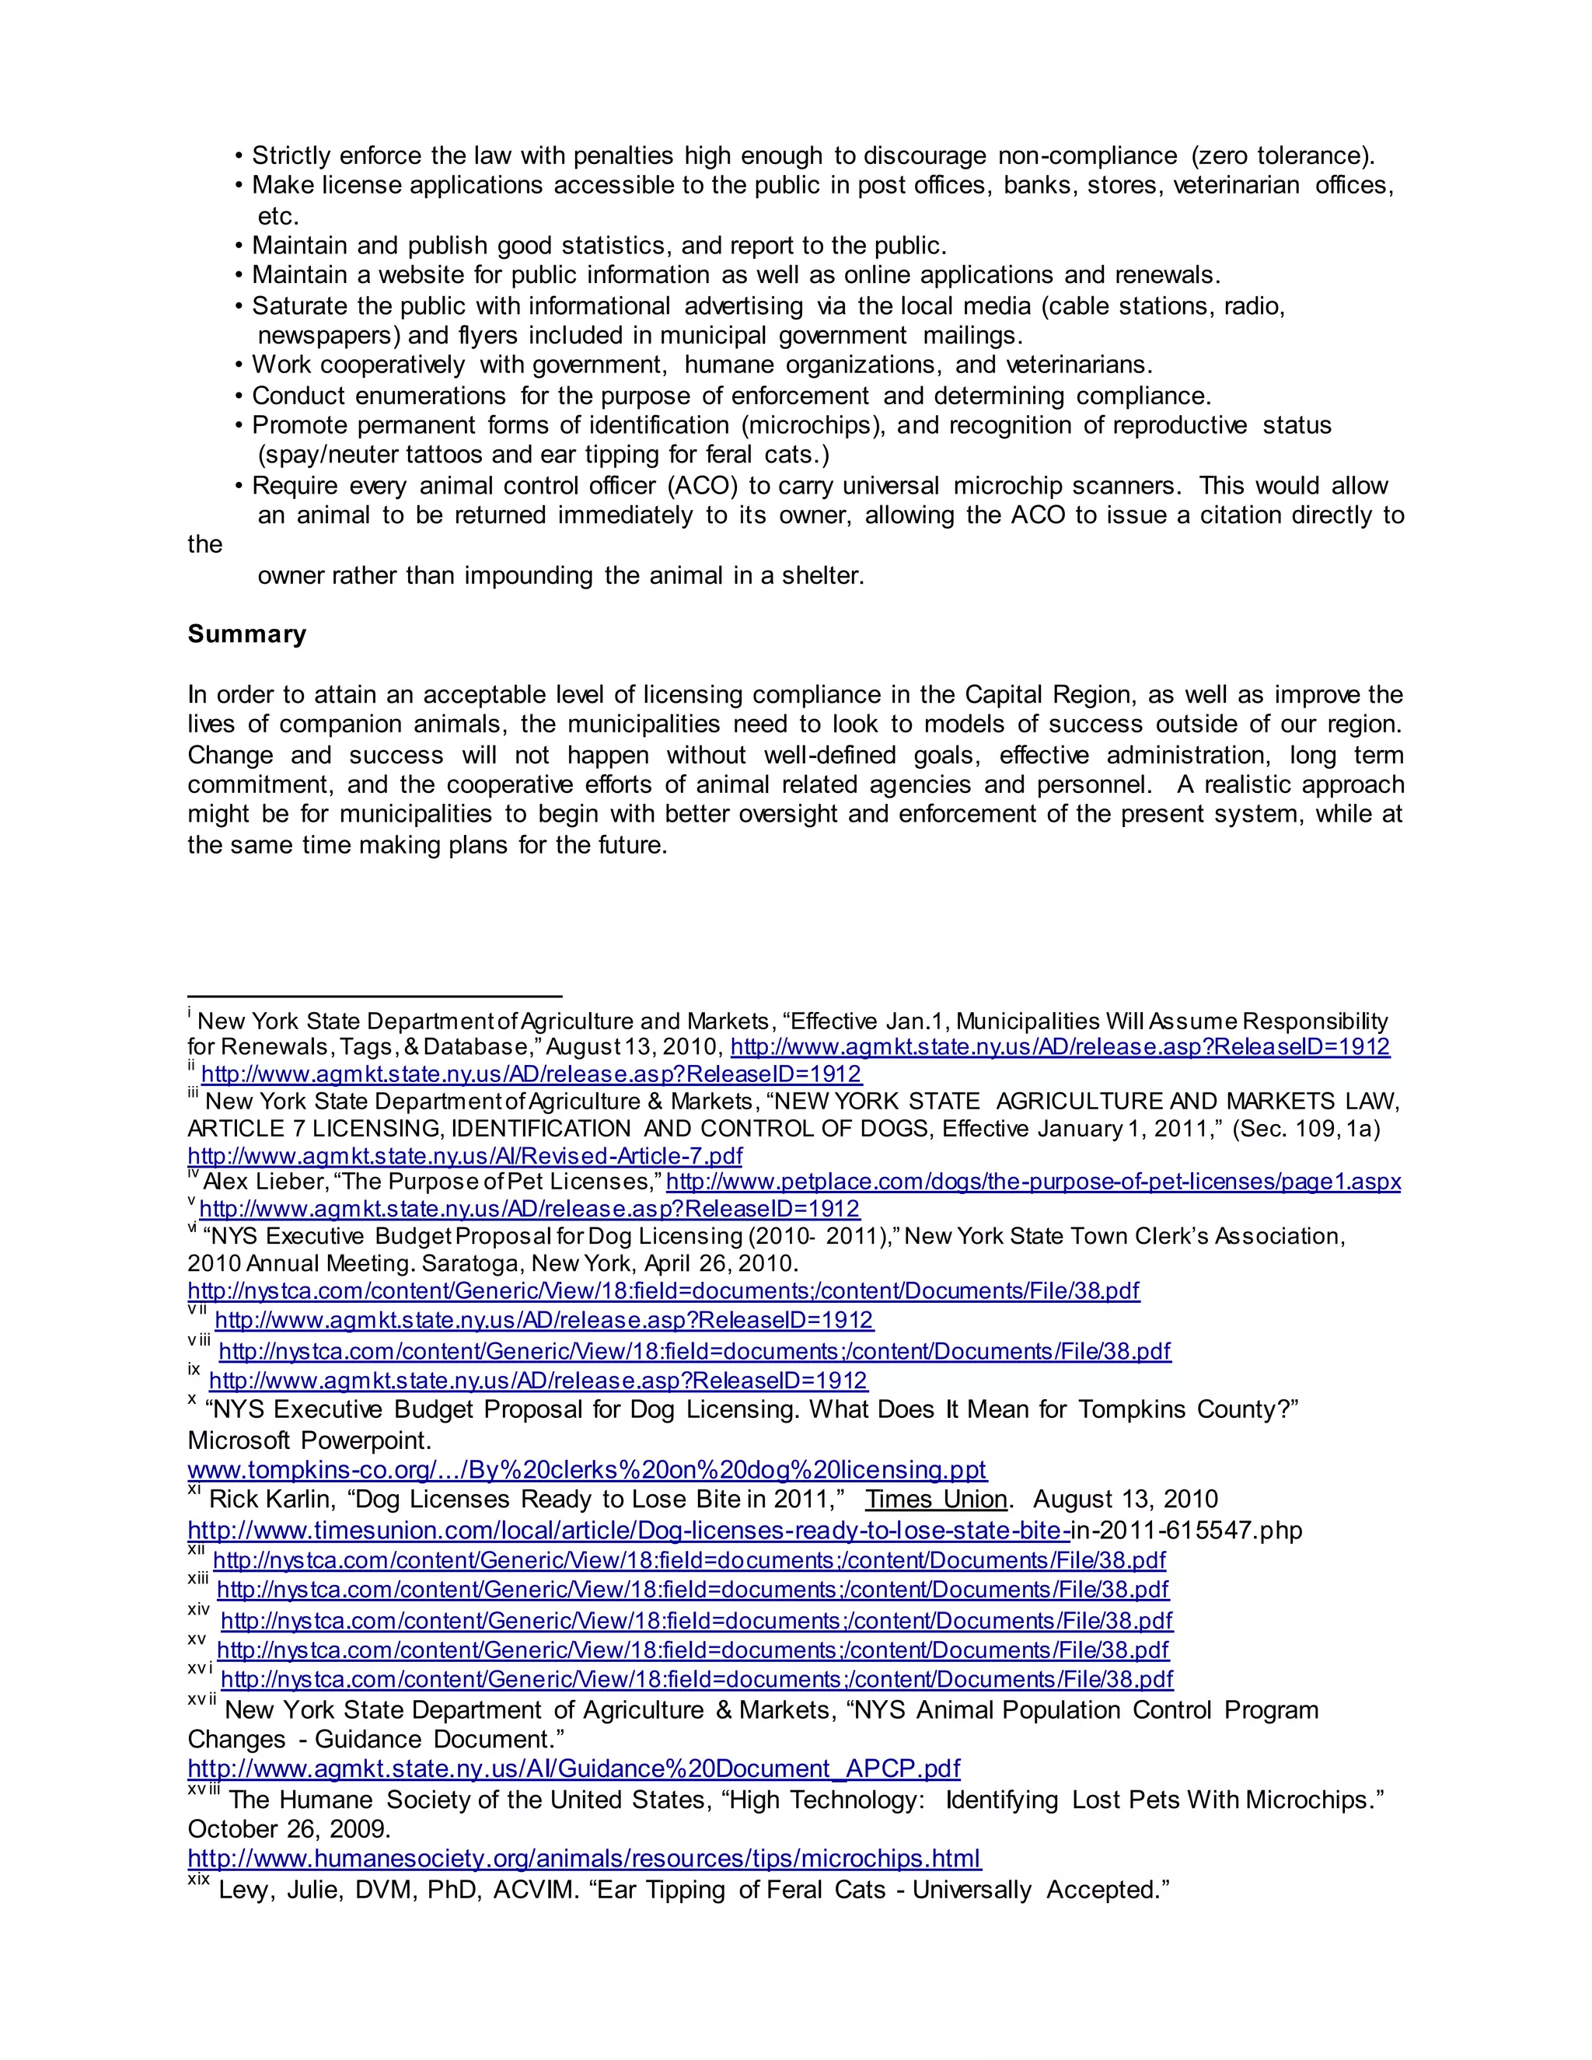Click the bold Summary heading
pos(246,634)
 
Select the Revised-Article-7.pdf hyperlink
pos(464,1157)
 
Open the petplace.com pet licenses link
pos(1033,1182)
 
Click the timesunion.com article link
pos(627,1530)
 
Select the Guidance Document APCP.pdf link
pos(574,1768)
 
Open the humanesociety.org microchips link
pos(584,1859)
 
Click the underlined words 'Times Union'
pos(936,1500)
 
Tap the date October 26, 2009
pos(288,1829)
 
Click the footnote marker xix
pos(198,1880)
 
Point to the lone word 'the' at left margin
pos(204,545)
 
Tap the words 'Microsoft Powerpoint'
pos(309,1440)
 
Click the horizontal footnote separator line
pos(375,995)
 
